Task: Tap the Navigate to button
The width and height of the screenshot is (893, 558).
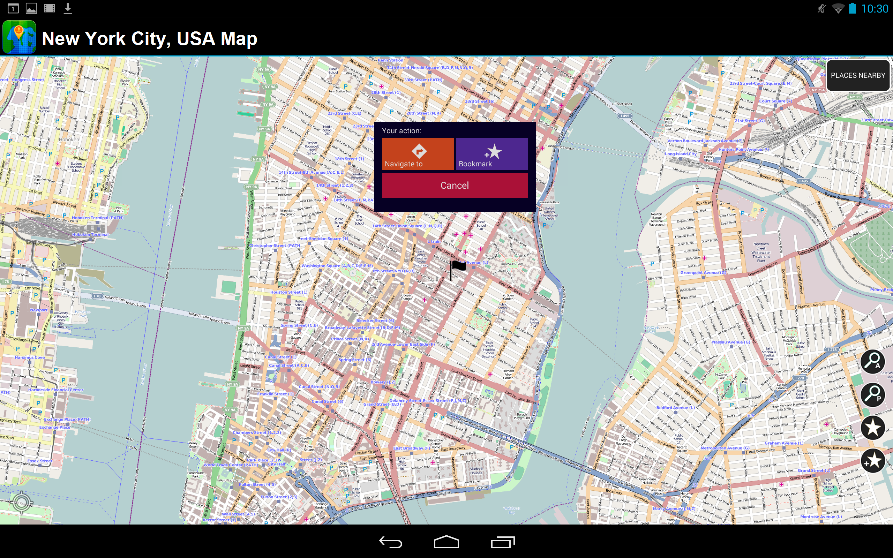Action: (417, 154)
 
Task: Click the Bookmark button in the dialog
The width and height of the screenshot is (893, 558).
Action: (491, 154)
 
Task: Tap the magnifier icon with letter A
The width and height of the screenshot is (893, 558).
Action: (873, 361)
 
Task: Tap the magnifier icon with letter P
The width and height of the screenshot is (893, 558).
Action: (873, 394)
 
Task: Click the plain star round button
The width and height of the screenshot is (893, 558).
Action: (873, 428)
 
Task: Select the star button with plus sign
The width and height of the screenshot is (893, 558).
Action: (873, 461)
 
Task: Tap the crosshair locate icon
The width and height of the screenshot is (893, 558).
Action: (21, 502)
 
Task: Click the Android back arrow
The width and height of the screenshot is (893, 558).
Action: (390, 542)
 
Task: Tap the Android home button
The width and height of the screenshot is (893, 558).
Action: (446, 542)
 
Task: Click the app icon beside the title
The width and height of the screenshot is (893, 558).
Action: (19, 37)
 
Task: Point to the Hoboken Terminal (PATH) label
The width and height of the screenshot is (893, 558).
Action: (97, 218)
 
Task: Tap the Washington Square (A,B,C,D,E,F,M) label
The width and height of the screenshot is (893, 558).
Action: (337, 266)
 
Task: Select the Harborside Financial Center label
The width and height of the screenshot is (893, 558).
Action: (56, 390)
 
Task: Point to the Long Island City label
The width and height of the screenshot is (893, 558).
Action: (681, 154)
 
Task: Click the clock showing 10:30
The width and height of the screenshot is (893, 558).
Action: (874, 9)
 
